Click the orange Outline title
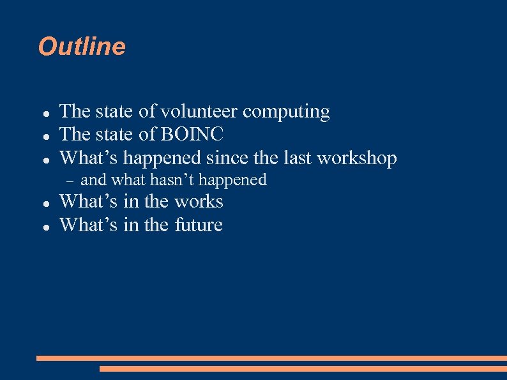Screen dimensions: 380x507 (x=82, y=47)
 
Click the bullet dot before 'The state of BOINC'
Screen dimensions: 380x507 (x=47, y=136)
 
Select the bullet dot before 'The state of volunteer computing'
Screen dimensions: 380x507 (x=47, y=113)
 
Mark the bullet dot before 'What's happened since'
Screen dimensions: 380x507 (x=47, y=159)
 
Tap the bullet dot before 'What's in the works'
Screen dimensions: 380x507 (x=47, y=203)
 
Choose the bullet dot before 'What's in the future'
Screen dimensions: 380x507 (x=47, y=226)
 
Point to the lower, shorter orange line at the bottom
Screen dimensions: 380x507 (x=303, y=369)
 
